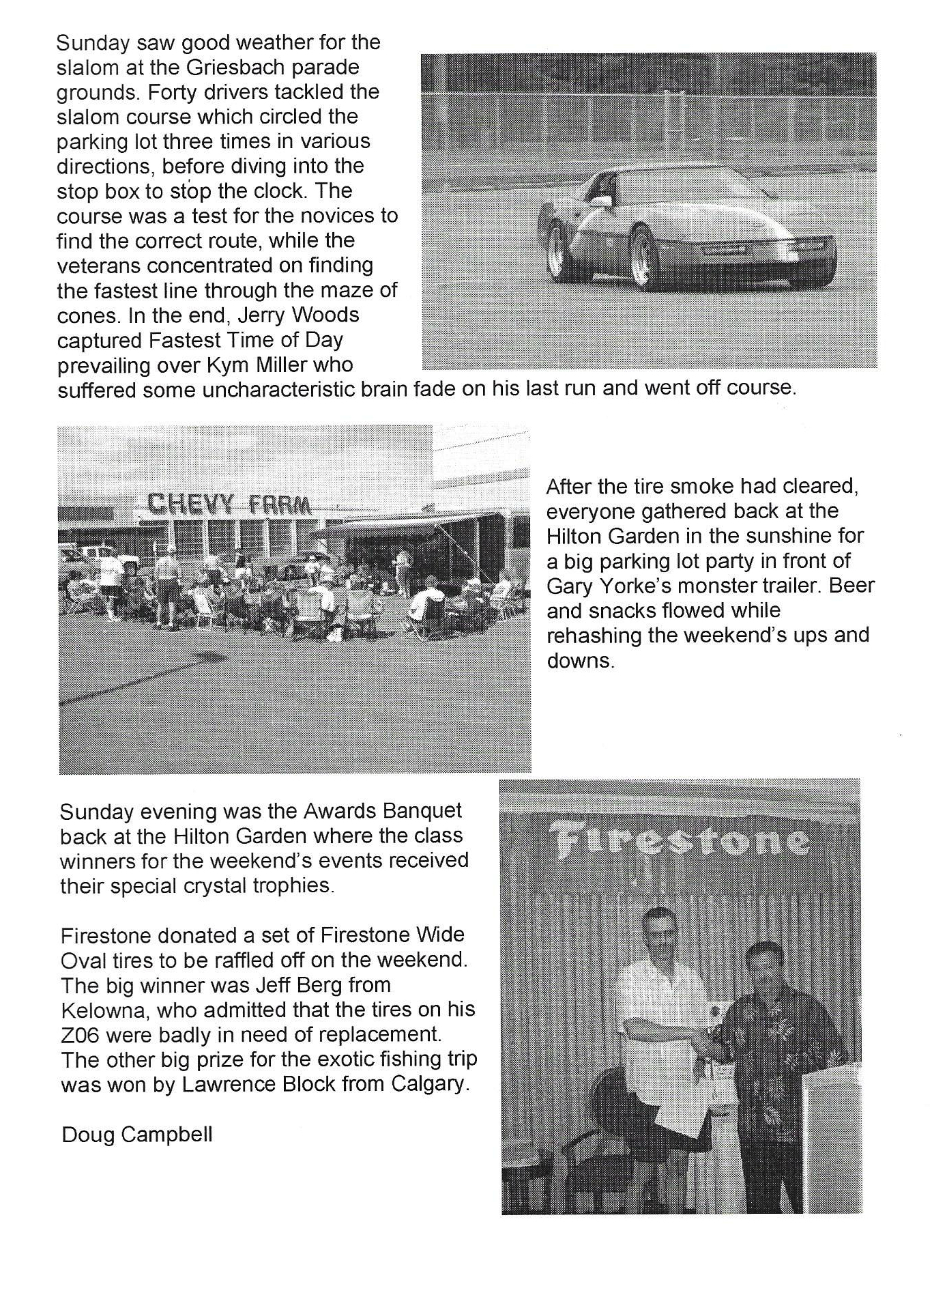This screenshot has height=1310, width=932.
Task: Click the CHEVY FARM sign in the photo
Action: tap(229, 504)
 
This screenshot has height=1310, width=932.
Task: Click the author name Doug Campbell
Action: tap(137, 1135)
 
